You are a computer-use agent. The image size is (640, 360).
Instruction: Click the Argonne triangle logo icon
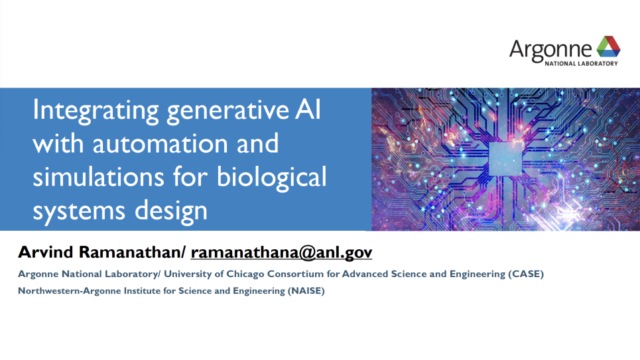click(x=608, y=46)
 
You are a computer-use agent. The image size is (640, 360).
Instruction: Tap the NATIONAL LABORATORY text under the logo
click(x=581, y=64)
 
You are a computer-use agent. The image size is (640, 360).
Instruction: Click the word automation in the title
click(x=160, y=144)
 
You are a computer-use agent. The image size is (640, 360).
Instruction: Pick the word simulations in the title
click(x=98, y=177)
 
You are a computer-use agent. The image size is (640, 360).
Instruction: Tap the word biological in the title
click(x=271, y=178)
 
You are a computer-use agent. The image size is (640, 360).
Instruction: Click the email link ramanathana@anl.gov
click(x=281, y=253)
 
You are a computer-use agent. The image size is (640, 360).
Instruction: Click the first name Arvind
click(x=46, y=252)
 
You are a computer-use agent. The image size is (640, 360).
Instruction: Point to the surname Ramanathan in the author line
click(x=129, y=252)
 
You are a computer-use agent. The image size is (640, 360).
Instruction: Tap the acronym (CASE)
click(x=526, y=274)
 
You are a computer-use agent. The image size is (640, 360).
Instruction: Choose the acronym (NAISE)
click(x=306, y=291)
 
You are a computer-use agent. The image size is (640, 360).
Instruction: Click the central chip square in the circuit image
click(x=505, y=158)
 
